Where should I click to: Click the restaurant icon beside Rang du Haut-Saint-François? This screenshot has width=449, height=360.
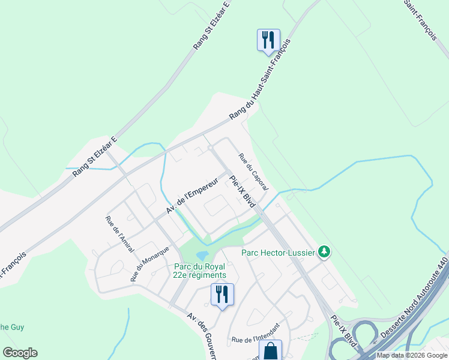pos(267,40)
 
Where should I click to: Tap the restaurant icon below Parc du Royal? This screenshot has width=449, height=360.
pos(222,294)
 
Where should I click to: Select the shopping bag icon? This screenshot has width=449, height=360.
pos(271,350)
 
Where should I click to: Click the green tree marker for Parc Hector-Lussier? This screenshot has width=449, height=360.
pos(324,251)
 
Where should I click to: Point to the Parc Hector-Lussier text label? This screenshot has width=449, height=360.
pos(278,253)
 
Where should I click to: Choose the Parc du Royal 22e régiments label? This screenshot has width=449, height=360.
pos(200,271)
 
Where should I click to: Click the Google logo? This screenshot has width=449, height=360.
pos(20,353)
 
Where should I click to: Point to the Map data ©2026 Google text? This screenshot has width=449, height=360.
pos(411,355)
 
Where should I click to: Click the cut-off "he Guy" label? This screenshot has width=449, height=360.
pos(12,327)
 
